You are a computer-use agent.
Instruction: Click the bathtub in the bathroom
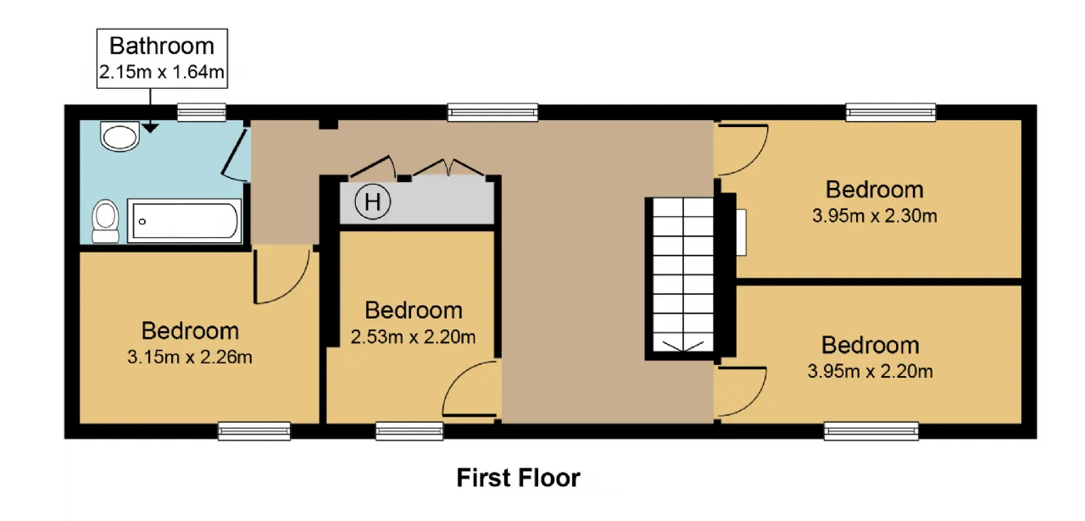click(185, 221)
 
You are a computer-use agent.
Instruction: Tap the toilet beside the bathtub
click(106, 221)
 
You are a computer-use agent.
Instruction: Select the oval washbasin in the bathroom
click(120, 136)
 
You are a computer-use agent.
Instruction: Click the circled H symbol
click(372, 202)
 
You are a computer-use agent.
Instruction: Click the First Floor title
click(518, 478)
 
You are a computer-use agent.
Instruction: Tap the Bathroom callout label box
click(162, 58)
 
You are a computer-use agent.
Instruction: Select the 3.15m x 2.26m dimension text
click(189, 357)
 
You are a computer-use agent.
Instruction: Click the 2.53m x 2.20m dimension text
click(413, 337)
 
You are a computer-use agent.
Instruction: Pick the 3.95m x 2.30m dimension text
click(874, 216)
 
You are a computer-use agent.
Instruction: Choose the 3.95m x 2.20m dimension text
click(870, 371)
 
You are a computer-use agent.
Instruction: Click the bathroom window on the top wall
click(202, 113)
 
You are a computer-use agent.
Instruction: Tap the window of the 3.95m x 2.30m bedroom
click(891, 113)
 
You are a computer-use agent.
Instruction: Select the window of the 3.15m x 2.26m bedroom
click(253, 431)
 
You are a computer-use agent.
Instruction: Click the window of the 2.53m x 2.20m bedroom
click(409, 431)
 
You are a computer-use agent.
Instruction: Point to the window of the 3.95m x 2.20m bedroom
click(871, 431)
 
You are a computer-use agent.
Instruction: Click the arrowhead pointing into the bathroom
click(150, 128)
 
